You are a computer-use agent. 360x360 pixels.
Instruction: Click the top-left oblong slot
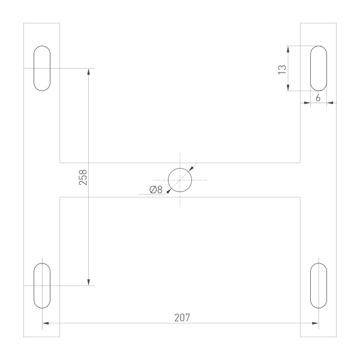click(x=42, y=68)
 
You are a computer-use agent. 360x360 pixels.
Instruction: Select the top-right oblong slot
click(x=319, y=68)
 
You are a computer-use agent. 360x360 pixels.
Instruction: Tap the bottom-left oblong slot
click(x=42, y=286)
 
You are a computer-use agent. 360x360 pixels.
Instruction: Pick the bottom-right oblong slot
click(x=319, y=286)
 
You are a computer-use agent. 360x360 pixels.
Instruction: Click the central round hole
click(x=180, y=179)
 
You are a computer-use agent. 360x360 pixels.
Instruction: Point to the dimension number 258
click(x=83, y=177)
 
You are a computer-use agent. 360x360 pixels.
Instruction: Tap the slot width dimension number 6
click(x=318, y=96)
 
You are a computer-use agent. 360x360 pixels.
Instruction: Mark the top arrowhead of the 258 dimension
click(x=89, y=71)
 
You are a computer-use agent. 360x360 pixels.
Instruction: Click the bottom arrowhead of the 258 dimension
click(x=89, y=282)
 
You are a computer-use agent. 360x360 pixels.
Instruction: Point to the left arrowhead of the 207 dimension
click(x=46, y=323)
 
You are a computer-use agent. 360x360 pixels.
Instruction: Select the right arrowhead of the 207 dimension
click(x=315, y=323)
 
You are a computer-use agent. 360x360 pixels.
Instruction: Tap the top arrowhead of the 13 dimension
click(x=289, y=49)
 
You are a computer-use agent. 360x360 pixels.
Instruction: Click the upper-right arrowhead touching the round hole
click(x=191, y=169)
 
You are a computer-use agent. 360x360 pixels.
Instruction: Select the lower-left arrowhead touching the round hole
click(x=169, y=190)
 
